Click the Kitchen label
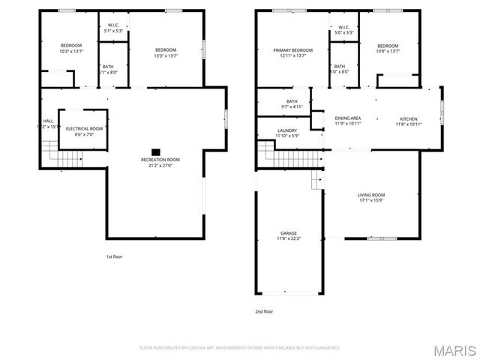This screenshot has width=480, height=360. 408,121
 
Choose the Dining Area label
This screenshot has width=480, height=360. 348,121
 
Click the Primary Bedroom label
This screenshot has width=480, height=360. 292,52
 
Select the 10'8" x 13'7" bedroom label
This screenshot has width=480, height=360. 388,48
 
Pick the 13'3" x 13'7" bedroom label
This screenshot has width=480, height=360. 166,52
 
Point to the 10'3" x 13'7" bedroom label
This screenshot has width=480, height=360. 70,48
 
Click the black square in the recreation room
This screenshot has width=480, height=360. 156,151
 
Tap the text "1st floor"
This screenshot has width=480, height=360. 113,257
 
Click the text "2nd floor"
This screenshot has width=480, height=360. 264,310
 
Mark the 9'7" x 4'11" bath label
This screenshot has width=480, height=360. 292,103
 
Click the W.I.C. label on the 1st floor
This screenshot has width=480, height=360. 113,28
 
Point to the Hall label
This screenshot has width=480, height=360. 48,124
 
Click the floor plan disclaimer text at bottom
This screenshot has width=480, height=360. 240,348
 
